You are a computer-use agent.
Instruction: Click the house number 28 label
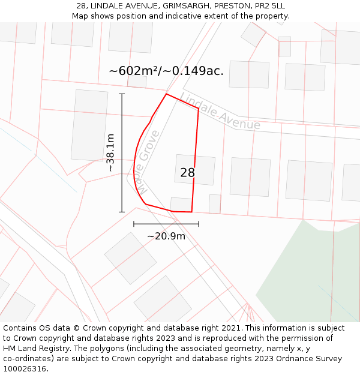click(x=187, y=173)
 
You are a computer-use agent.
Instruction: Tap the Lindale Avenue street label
click(x=220, y=112)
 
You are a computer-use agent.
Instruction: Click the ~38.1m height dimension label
click(x=110, y=153)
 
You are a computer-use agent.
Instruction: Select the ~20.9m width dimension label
click(x=166, y=236)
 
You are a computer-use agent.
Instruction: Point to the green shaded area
click(x=312, y=276)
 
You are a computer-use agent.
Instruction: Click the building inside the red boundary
click(x=195, y=169)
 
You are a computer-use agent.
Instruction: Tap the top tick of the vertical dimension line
click(x=122, y=94)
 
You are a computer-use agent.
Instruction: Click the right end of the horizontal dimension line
click(x=199, y=224)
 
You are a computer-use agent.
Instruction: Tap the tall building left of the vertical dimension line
click(x=89, y=125)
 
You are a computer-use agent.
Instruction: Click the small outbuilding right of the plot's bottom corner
click(x=215, y=204)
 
